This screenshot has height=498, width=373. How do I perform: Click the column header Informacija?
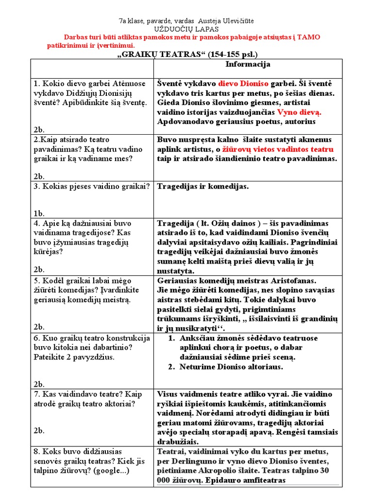pos(248,65)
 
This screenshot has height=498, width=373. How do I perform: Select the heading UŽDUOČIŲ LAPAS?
pos(186,29)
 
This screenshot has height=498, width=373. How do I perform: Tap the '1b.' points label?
pos(39,213)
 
